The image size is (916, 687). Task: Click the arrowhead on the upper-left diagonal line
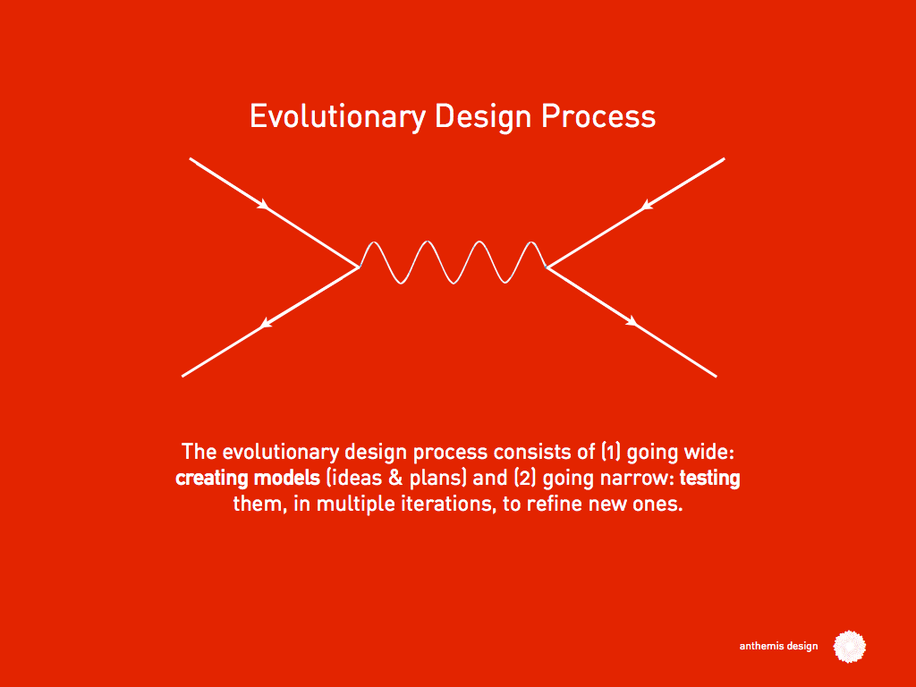[x=264, y=206]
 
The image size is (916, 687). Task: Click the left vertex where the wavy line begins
[x=360, y=267]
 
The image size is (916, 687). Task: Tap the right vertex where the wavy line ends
[x=547, y=267]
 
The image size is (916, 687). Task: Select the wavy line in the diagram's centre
[x=453, y=263]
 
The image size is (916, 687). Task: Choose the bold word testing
[x=709, y=479]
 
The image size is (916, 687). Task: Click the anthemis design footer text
[x=777, y=647]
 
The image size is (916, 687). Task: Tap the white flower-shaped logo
[x=850, y=646]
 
